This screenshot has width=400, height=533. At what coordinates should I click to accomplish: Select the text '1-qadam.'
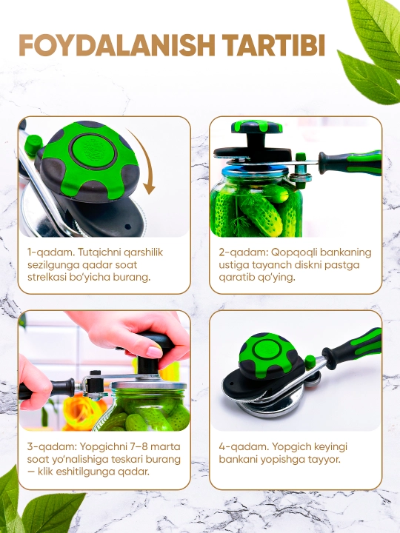(x=51, y=252)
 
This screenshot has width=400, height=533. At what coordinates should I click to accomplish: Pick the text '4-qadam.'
(x=243, y=446)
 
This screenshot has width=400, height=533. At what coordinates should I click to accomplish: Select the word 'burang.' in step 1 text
(x=133, y=278)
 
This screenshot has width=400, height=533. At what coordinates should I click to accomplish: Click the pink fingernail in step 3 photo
(x=154, y=352)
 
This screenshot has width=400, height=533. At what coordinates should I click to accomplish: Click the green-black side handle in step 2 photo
(x=350, y=163)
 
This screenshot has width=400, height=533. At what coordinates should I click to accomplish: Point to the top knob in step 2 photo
(x=257, y=127)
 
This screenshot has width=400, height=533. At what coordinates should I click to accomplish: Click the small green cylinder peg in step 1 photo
(x=33, y=146)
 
